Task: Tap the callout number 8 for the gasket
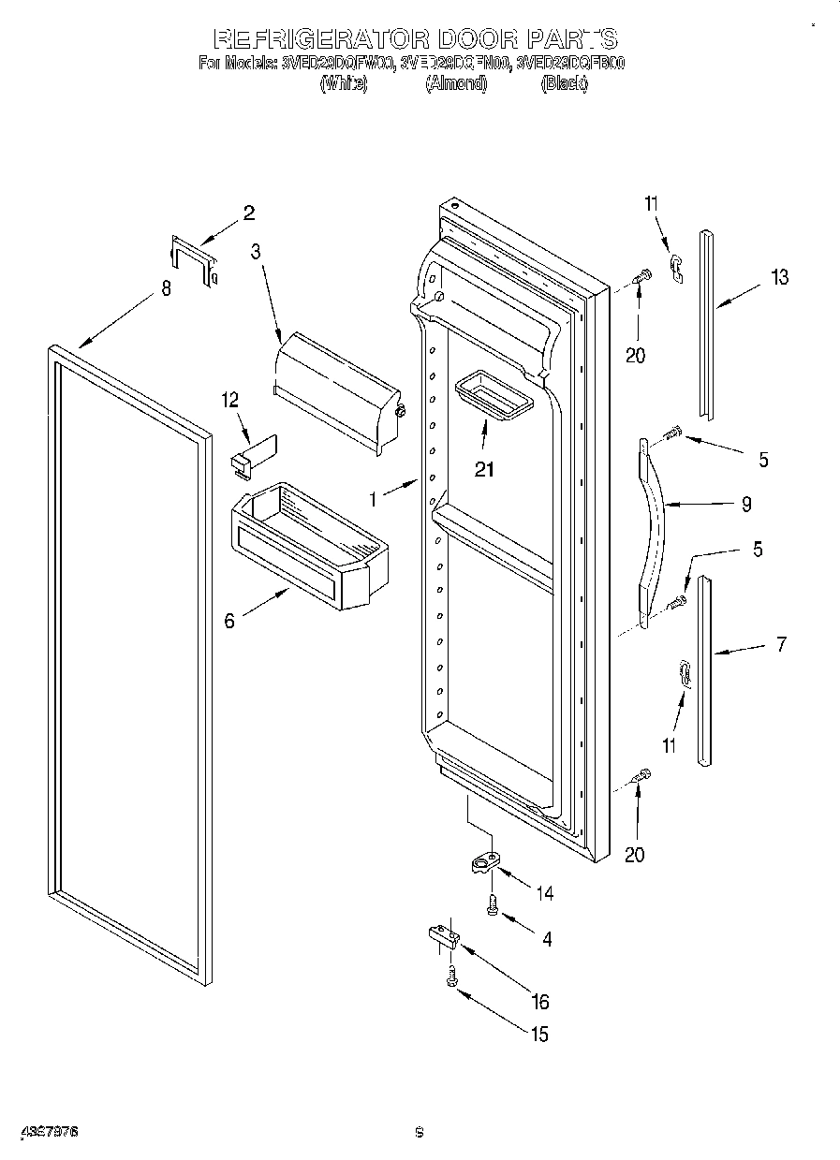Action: tap(167, 288)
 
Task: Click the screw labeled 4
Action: tap(493, 903)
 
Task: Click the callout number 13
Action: tap(779, 277)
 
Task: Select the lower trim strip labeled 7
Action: tap(704, 670)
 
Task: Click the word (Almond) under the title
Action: tap(456, 83)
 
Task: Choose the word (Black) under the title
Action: tap(564, 83)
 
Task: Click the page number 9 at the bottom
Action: tap(420, 1133)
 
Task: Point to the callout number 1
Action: tap(373, 500)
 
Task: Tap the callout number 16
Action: tap(539, 1003)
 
